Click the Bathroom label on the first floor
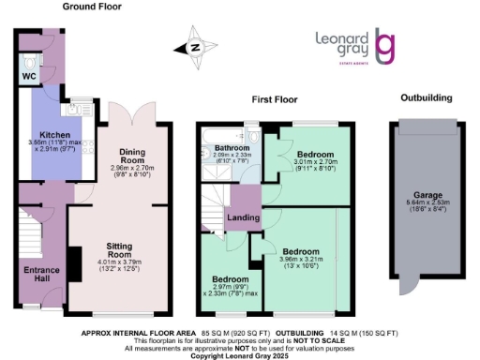pyautogui.click(x=230, y=148)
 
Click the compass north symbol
pyautogui.click(x=195, y=48)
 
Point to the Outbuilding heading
pyautogui.click(x=426, y=97)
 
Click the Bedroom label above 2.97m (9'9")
pyautogui.click(x=230, y=279)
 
